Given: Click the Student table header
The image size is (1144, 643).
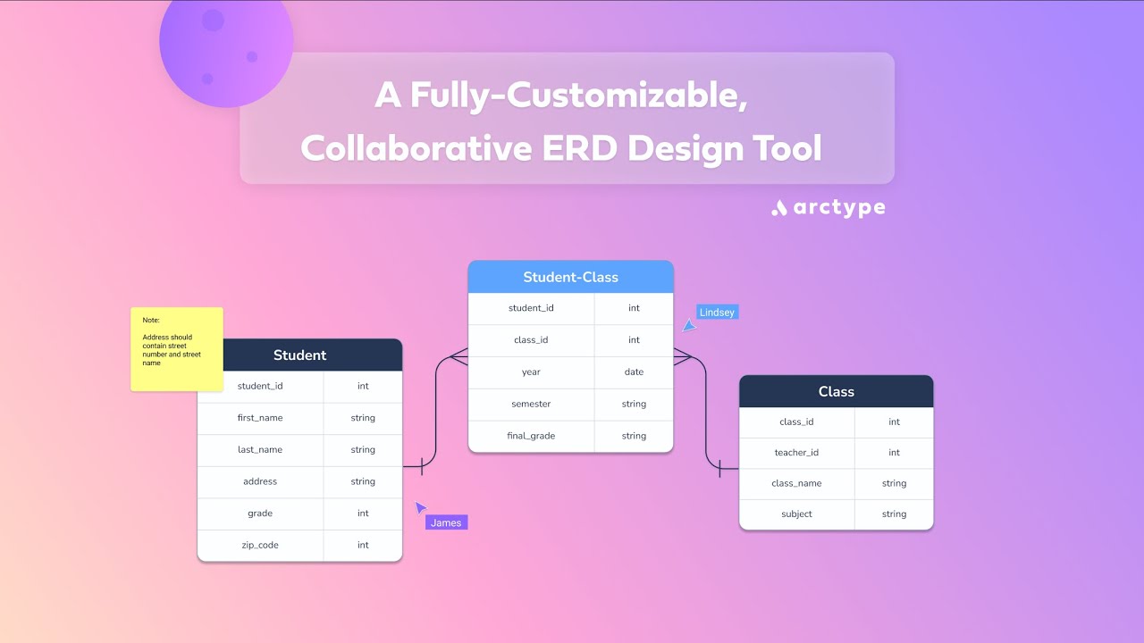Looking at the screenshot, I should coord(299,355).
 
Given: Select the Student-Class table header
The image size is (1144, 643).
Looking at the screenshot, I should coord(570,277).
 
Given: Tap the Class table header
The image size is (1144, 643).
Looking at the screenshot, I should coord(836,391).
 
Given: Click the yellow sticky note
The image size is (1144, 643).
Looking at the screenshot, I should coord(176,349).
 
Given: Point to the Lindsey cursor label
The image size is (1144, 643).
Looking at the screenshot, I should coord(717,313).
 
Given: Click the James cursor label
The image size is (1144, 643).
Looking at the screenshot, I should coord(446,522).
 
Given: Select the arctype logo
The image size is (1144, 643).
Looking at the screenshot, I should coord(829,208).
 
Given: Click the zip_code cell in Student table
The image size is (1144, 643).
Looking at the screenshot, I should coord(260,545).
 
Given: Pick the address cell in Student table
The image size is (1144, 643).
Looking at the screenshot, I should coord(260,481).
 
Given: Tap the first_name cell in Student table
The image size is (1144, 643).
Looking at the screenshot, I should coord(260,418).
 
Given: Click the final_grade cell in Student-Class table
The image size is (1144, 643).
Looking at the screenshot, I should coord(531,436).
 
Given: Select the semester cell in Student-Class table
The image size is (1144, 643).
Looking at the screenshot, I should coord(531,404).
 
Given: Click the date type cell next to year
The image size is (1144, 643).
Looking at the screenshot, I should coord(634,372).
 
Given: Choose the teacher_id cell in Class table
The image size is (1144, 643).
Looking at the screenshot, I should coord(796,453).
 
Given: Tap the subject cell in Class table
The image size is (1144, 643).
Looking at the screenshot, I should coord(796,514).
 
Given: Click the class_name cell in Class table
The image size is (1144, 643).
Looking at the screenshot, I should coord(796,483).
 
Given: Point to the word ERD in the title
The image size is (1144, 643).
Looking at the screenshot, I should coord(579,148).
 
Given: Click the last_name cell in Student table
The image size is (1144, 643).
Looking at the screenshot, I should coord(260,450).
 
